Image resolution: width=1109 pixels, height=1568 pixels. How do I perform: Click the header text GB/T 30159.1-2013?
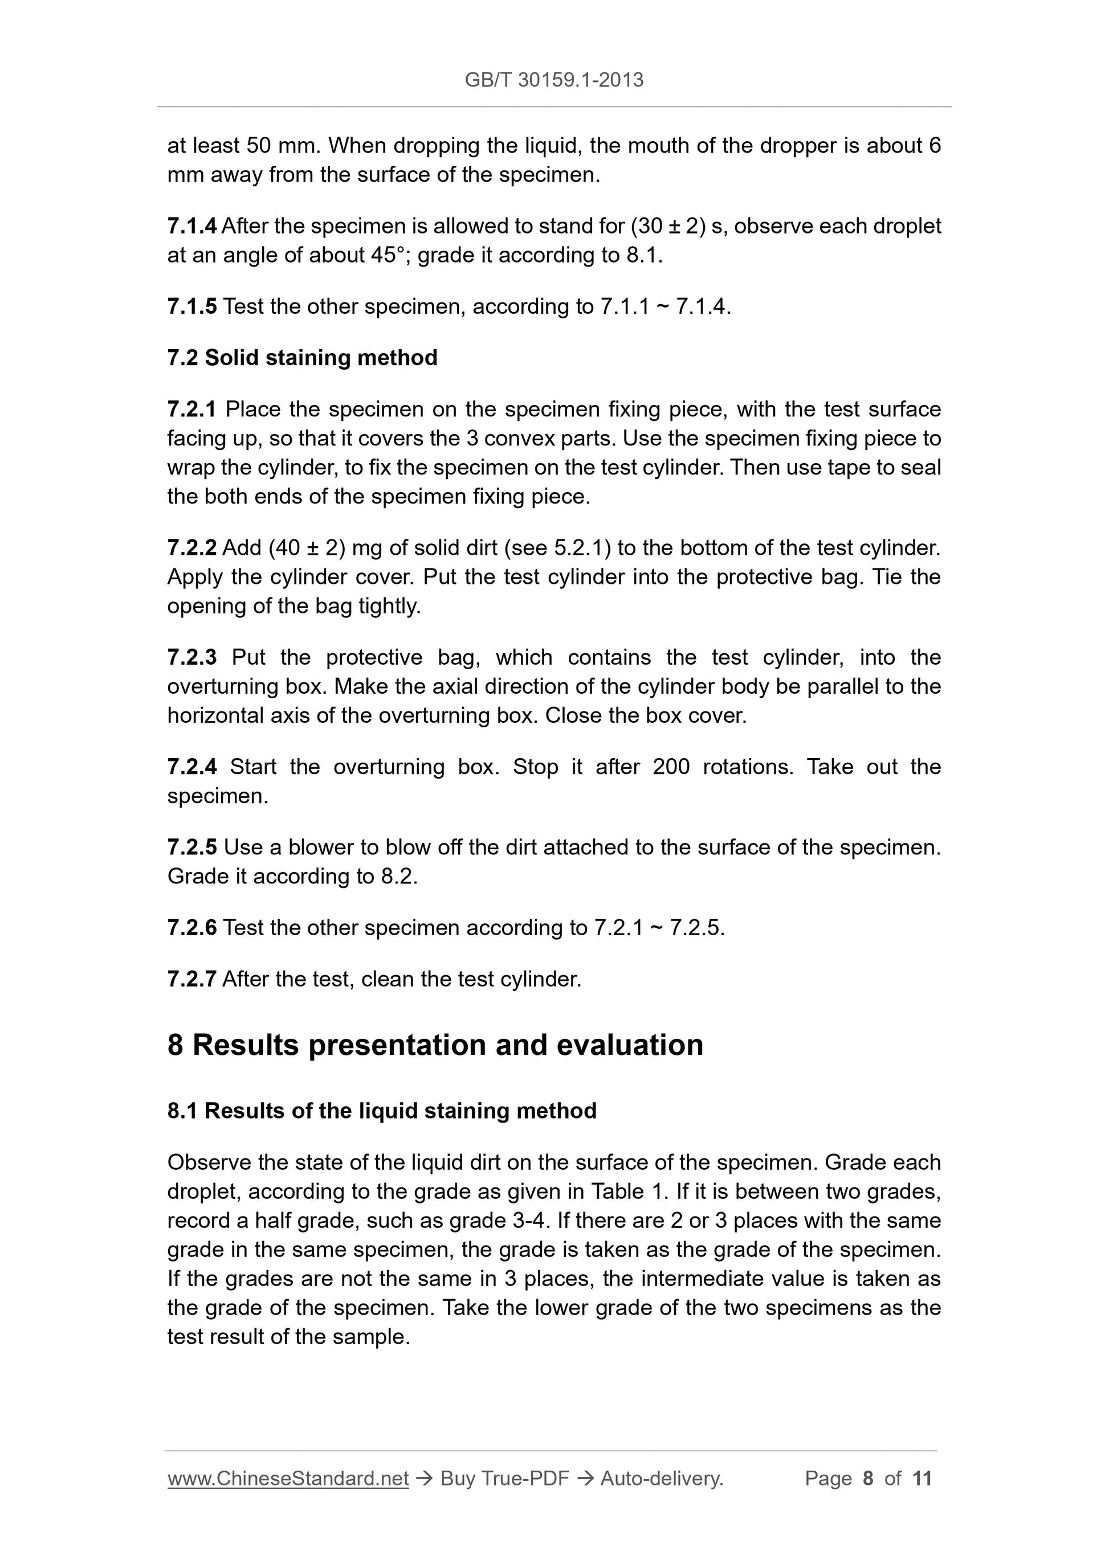(553, 80)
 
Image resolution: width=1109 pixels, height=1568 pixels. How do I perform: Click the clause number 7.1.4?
(191, 226)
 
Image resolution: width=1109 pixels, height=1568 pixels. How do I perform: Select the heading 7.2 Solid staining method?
(302, 357)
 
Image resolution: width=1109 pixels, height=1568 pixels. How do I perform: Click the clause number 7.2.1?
(191, 409)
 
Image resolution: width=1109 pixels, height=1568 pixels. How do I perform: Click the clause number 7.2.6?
(191, 927)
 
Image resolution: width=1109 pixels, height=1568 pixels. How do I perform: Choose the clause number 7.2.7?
(191, 979)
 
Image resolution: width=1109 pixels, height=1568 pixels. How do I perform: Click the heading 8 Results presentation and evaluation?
(435, 1045)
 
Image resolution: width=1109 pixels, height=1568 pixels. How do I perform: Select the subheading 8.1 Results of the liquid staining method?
(381, 1111)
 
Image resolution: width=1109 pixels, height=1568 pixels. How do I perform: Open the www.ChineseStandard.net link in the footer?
(288, 1479)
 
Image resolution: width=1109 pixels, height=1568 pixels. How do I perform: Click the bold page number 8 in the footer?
(868, 1479)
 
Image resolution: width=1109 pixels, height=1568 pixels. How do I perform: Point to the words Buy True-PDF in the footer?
(504, 1479)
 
